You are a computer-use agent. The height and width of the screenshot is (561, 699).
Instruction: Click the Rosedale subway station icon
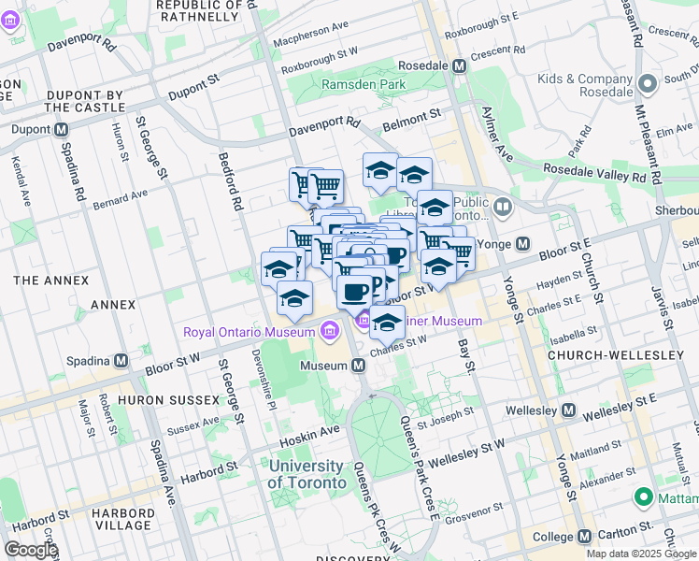[459, 67]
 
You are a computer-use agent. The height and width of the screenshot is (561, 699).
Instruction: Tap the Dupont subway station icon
[62, 130]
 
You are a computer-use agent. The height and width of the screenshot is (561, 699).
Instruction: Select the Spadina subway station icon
[121, 361]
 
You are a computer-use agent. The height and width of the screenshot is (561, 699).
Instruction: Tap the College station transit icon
[584, 537]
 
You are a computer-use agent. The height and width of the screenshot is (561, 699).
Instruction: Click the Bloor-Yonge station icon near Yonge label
[523, 244]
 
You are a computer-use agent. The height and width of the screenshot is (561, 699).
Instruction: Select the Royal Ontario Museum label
[248, 332]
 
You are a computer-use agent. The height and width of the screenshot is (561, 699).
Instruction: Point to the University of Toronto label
[306, 474]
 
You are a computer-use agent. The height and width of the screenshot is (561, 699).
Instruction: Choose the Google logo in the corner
[31, 550]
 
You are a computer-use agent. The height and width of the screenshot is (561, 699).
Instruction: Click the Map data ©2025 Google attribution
[640, 554]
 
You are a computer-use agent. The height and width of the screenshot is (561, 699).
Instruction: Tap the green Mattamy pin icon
[643, 496]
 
